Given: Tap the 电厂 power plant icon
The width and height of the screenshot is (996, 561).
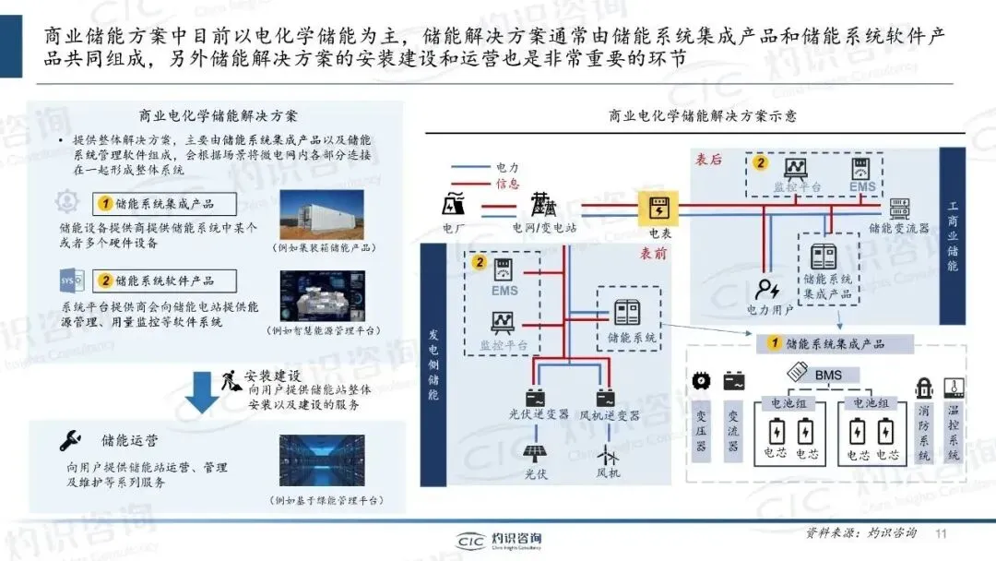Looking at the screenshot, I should [x=454, y=203].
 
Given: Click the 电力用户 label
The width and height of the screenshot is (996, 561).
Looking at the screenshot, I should [x=770, y=310].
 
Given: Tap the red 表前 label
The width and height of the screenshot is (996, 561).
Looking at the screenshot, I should [x=653, y=253].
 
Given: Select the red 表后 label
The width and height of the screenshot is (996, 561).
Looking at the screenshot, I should [x=708, y=160].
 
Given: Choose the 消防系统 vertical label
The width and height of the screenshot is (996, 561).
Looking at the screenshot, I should [x=923, y=433].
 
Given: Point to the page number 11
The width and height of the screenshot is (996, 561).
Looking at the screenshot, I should [x=942, y=534].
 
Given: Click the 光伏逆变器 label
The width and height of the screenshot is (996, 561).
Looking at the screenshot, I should [x=539, y=416].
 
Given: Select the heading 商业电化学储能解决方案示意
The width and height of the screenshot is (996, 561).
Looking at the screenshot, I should [x=703, y=117].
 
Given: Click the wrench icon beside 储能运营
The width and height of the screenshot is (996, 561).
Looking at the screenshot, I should [x=69, y=439].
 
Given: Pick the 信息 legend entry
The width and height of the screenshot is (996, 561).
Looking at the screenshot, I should [x=508, y=183].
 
